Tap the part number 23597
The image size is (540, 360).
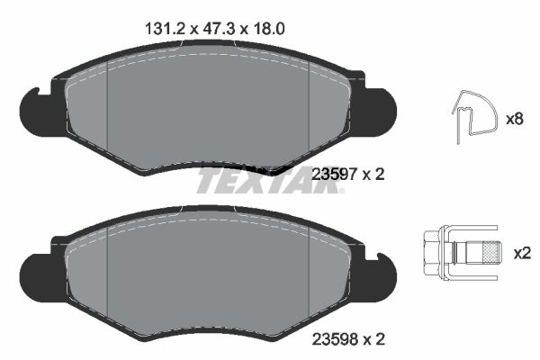tap(328, 175)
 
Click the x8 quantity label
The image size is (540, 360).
tap(515, 119)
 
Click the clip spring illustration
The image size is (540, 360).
tap(472, 117)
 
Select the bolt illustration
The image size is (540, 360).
tap(461, 253)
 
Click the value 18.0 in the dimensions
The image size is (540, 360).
tap(269, 28)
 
